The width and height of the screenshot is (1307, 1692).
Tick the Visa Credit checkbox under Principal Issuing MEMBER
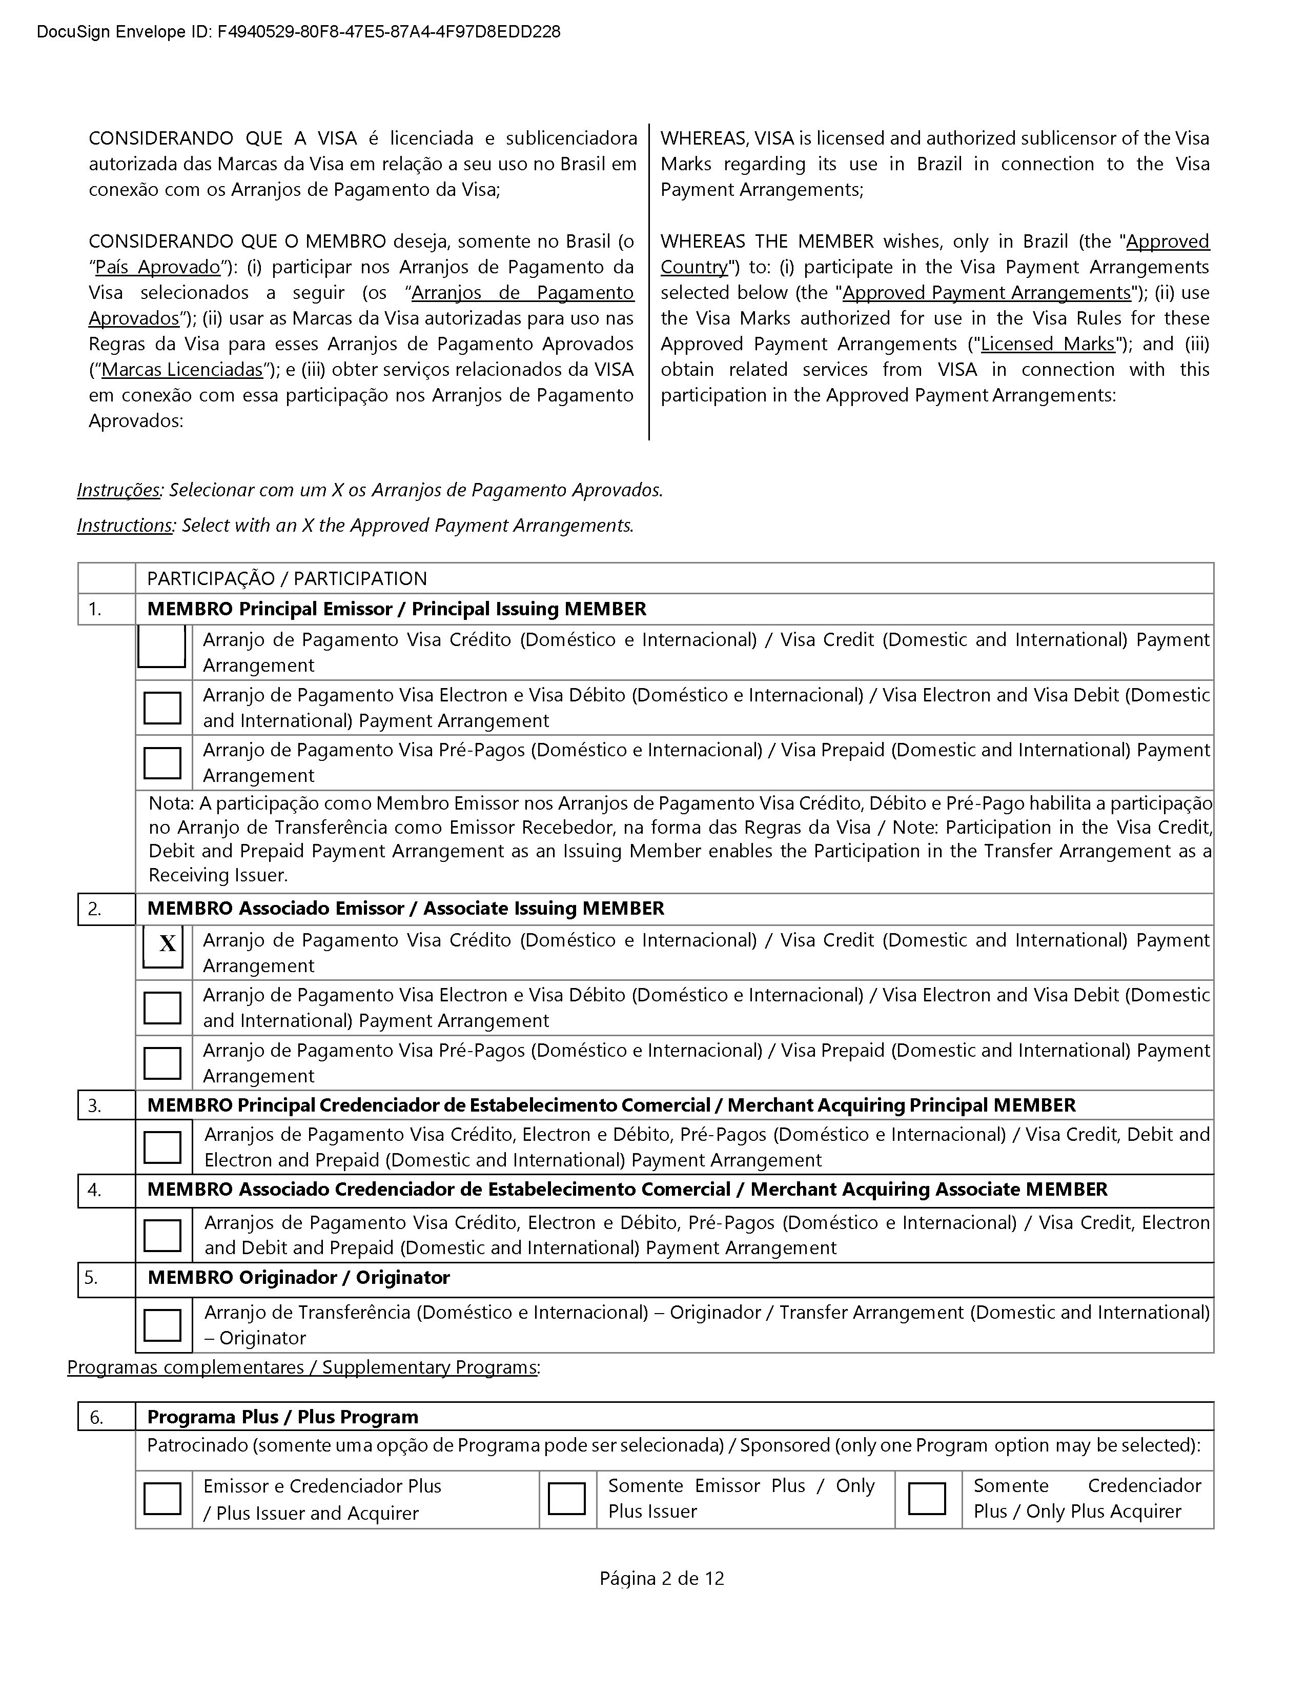tap(162, 646)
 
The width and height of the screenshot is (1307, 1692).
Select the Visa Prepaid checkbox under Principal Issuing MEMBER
tap(162, 763)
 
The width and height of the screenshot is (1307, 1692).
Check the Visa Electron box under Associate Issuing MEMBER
tap(162, 1008)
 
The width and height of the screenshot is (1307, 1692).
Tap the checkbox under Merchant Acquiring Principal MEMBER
tap(162, 1147)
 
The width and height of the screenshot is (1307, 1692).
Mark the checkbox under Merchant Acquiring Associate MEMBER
tap(162, 1236)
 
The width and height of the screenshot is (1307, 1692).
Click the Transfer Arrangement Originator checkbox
tap(162, 1325)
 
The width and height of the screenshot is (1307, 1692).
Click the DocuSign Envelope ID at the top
tap(298, 32)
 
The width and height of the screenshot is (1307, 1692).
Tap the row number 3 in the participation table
tap(94, 1105)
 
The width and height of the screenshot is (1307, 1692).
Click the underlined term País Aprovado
tap(158, 267)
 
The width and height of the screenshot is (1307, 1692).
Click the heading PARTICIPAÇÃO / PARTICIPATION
tap(287, 579)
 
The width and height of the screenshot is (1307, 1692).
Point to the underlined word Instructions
tap(124, 525)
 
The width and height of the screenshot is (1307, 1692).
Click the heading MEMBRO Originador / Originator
tap(298, 1278)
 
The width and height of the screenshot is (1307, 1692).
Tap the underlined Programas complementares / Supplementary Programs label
tap(302, 1367)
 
